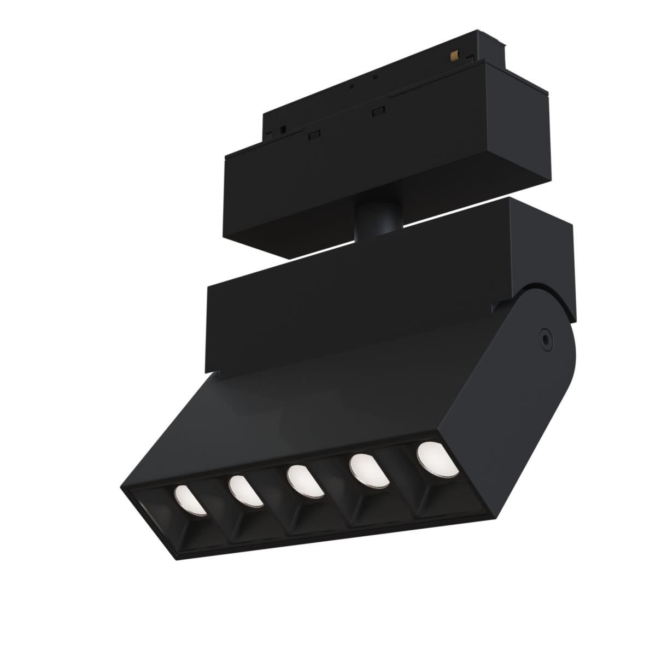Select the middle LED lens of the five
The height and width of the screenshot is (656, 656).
tap(303, 479)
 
